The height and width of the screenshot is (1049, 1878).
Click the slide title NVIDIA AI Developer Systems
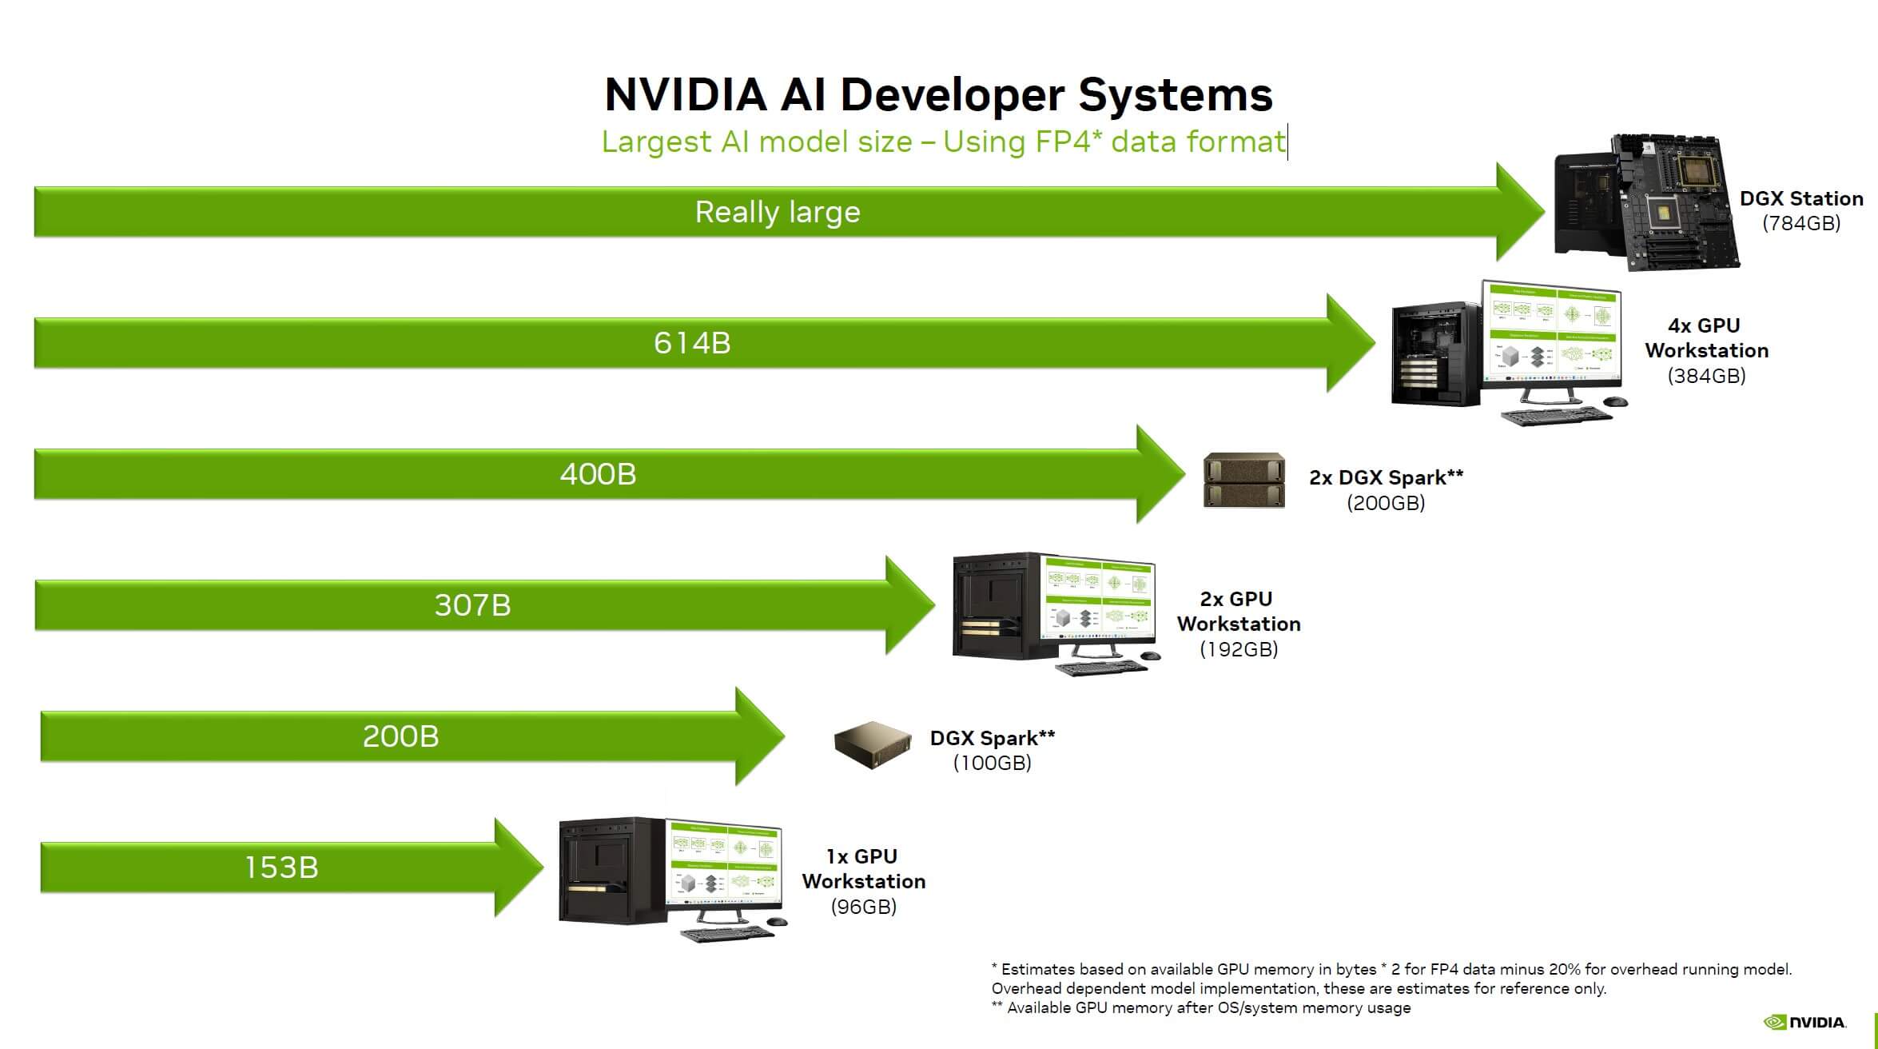pyautogui.click(x=938, y=94)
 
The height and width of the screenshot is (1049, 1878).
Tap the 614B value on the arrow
pyautogui.click(x=692, y=343)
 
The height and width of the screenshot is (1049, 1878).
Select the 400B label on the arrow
pyautogui.click(x=598, y=474)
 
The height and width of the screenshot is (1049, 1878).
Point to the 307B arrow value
pyautogui.click(x=472, y=605)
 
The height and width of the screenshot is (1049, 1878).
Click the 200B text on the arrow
pyautogui.click(x=400, y=736)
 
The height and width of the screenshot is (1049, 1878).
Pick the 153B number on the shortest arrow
pyautogui.click(x=281, y=868)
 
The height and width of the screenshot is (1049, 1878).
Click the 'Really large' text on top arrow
pyautogui.click(x=778, y=212)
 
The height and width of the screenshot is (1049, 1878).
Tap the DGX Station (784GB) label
pyautogui.click(x=1801, y=210)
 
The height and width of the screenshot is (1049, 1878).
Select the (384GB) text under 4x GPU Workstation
pyautogui.click(x=1706, y=376)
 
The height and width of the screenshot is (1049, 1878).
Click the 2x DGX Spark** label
pyautogui.click(x=1386, y=477)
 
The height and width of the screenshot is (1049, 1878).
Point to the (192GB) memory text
pyautogui.click(x=1239, y=649)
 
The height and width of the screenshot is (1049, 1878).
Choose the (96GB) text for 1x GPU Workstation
pyautogui.click(x=863, y=907)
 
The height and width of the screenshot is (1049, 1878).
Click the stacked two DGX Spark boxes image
pyautogui.click(x=1244, y=481)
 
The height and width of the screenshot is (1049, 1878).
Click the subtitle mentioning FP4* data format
pyautogui.click(x=944, y=142)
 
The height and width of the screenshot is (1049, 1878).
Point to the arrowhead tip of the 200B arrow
pyautogui.click(x=785, y=736)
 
